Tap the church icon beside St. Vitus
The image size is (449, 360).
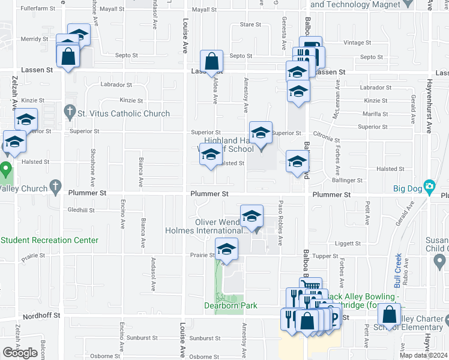69,112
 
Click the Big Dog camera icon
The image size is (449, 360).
429,187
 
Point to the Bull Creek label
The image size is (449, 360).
397,262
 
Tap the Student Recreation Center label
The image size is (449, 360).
50,240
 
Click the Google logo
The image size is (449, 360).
20,352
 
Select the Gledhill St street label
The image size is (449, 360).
82,211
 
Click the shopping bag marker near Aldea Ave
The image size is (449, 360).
212,61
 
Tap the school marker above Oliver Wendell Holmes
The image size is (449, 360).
252,217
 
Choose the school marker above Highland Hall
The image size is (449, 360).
261,133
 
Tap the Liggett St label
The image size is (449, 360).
348,244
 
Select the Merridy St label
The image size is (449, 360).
34,38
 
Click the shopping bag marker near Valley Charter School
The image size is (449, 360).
389,315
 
